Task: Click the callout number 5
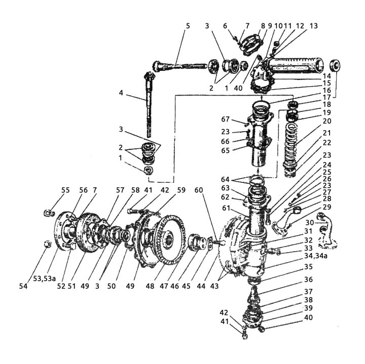188,26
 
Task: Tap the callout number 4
121,93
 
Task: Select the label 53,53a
45,278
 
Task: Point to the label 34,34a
316,256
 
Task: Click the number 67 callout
225,119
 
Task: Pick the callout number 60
199,190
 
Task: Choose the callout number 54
23,286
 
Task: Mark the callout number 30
310,222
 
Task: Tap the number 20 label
327,121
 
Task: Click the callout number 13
314,26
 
